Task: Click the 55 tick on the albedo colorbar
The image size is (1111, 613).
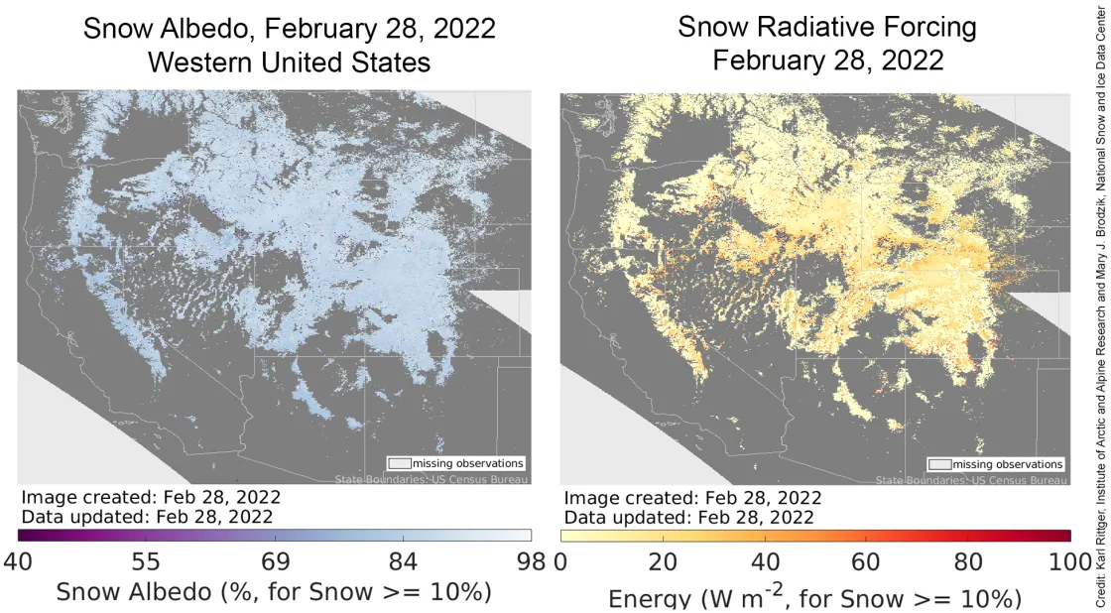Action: pyautogui.click(x=147, y=562)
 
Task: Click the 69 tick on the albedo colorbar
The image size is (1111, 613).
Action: pyautogui.click(x=275, y=562)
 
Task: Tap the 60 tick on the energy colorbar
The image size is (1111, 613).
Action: pyautogui.click(x=867, y=562)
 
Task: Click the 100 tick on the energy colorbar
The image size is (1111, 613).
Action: pyautogui.click(x=1068, y=562)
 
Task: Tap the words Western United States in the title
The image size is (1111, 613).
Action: pyautogui.click(x=289, y=62)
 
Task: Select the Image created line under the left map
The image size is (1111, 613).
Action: pyautogui.click(x=151, y=497)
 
